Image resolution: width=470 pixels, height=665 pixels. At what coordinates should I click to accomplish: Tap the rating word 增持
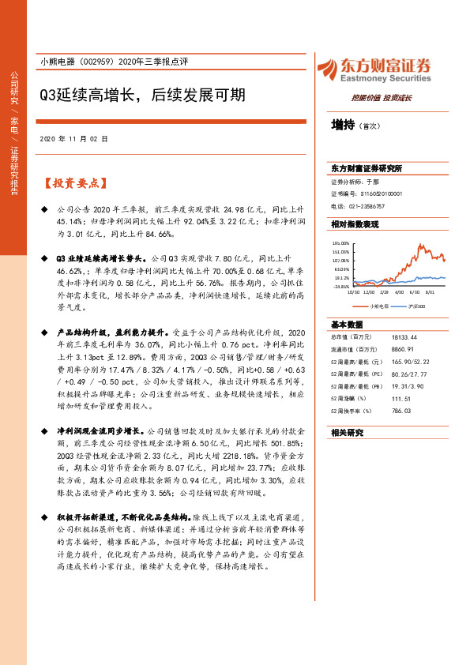(343, 125)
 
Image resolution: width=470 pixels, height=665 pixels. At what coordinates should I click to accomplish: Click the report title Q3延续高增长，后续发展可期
(142, 96)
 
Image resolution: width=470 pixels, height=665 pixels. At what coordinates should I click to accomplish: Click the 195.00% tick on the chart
(341, 243)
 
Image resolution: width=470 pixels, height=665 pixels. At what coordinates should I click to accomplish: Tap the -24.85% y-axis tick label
(340, 287)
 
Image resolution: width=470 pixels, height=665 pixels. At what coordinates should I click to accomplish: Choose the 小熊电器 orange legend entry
(378, 304)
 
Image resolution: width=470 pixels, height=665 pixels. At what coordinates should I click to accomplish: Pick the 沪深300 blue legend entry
(417, 304)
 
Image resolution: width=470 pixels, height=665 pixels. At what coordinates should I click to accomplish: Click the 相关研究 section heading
(348, 432)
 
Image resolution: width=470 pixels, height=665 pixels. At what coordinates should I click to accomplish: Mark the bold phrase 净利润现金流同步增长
(99, 430)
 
